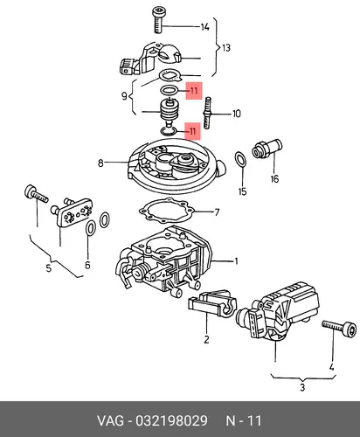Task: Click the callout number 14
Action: (205, 27)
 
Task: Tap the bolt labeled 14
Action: (158, 19)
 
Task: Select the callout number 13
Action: (226, 47)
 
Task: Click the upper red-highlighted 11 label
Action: (194, 91)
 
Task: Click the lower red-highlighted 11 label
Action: (193, 131)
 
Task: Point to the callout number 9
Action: (124, 95)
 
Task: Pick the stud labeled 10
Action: (207, 113)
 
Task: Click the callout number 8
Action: (100, 163)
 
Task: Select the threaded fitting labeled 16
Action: (267, 149)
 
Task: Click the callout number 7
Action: (217, 212)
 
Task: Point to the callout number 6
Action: (87, 265)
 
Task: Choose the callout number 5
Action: (49, 267)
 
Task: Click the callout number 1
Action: (237, 261)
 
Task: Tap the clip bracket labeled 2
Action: (213, 305)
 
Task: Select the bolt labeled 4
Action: (339, 328)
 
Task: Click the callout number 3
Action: (302, 387)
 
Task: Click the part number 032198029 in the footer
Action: (172, 420)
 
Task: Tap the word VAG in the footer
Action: (110, 420)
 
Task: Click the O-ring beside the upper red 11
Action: (170, 90)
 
